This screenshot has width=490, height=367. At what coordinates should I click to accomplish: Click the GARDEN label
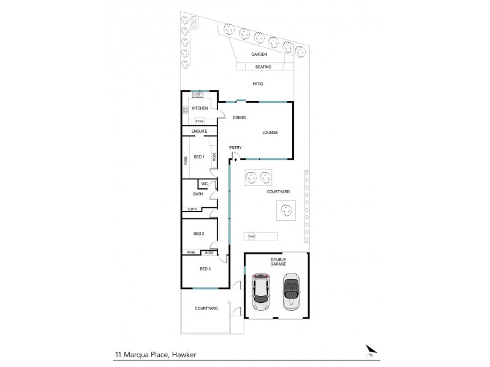pyautogui.click(x=259, y=54)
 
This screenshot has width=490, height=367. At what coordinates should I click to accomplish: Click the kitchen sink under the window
pyautogui.click(x=198, y=95)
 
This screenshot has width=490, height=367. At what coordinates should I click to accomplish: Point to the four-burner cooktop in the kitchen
pyautogui.click(x=184, y=110)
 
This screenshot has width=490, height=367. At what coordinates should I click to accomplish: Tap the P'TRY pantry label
pyautogui.click(x=200, y=121)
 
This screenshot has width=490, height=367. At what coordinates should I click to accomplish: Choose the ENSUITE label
pyautogui.click(x=200, y=132)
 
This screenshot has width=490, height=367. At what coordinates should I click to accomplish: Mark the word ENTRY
pyautogui.click(x=235, y=148)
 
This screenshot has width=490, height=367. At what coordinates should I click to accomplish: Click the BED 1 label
pyautogui.click(x=199, y=157)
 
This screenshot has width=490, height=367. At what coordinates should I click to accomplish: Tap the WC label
pyautogui.click(x=203, y=183)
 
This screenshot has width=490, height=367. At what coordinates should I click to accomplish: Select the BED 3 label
pyautogui.click(x=205, y=269)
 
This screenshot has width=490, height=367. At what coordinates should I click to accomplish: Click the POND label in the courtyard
pyautogui.click(x=251, y=237)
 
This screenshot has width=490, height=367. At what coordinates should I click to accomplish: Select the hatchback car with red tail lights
pyautogui.click(x=262, y=292)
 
